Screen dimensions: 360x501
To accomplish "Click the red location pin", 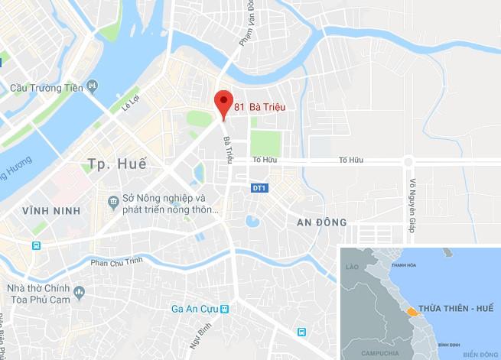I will coord(223,102).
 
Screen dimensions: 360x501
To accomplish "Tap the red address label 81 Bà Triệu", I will coord(259,108).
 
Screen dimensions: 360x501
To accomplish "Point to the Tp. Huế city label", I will coord(116,163).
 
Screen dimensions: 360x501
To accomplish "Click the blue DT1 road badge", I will coord(259,187).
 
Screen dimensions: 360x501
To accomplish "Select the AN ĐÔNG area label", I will coord(321,222).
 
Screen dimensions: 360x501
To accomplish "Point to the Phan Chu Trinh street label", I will coord(118,262).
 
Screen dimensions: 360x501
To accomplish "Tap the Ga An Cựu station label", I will coord(194,310).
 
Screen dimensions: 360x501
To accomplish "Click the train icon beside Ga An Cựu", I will coord(225,310).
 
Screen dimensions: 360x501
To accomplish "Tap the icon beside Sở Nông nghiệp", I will coord(113,200).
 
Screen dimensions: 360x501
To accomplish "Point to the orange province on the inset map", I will coord(414,311).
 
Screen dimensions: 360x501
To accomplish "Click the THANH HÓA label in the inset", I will coord(402,265).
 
